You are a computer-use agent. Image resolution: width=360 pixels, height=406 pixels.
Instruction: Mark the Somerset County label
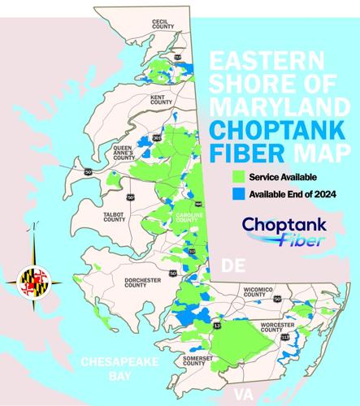tap(195, 364)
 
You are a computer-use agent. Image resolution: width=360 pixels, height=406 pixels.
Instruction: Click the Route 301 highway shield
tap(156, 139)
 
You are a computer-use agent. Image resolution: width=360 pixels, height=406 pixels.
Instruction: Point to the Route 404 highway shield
tap(198, 204)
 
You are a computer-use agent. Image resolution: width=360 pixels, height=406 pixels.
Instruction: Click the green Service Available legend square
tap(237, 177)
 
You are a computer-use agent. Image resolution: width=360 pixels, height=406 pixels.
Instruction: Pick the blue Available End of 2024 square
tap(237, 194)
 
